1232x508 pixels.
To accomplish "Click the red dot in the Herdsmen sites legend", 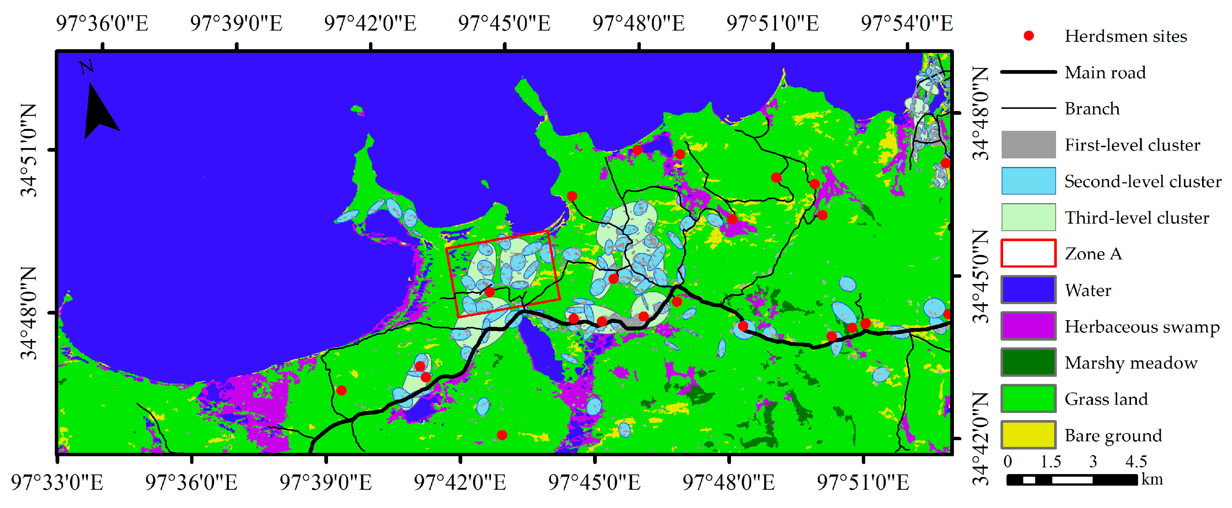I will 1028,36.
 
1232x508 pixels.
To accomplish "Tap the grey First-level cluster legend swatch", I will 1028,145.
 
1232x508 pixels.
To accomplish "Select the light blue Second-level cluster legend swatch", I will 1028,181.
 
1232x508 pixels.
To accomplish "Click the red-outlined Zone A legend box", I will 1028,253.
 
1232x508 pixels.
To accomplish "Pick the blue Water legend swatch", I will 1028,290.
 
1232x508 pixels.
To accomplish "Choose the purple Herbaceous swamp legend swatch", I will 1028,326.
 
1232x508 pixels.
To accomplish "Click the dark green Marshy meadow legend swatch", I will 1028,363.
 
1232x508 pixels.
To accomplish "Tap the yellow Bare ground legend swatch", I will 1028,435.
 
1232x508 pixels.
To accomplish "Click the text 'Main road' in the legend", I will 1105,73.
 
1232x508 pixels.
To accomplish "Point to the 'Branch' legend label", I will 1092,109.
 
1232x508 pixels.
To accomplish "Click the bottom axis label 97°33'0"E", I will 57,482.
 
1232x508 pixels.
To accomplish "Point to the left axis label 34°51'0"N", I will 29,150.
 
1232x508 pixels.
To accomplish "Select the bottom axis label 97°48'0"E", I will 728,482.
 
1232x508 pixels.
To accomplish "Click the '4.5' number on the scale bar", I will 1136,462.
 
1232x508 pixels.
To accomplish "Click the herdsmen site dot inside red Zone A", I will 490,292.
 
